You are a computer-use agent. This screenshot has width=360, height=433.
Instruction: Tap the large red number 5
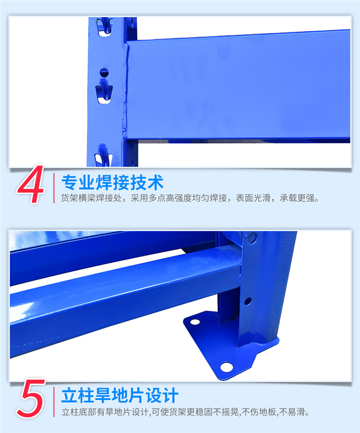tap(31, 398)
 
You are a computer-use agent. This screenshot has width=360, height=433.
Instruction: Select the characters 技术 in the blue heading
tap(147, 183)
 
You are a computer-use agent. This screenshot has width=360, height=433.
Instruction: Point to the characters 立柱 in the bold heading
tap(78, 396)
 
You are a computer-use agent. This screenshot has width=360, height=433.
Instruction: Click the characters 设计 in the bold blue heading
tap(162, 396)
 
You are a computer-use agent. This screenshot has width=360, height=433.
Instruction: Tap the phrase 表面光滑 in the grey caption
tap(253, 198)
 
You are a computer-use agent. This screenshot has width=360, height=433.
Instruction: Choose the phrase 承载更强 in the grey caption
tap(297, 198)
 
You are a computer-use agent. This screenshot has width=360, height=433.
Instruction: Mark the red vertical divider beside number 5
tap(54, 402)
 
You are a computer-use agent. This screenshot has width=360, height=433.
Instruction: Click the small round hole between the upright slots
tap(104, 72)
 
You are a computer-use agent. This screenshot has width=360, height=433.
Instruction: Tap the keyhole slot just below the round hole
tap(104, 92)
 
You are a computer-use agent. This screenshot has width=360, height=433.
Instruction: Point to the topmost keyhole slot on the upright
tap(105, 27)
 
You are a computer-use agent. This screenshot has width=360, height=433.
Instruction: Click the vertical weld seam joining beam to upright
tap(125, 91)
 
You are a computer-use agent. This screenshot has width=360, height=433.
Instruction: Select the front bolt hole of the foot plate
tap(227, 367)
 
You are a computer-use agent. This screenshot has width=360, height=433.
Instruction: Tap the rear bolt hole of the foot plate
tap(195, 322)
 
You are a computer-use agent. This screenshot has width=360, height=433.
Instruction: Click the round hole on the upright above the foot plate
tap(248, 301)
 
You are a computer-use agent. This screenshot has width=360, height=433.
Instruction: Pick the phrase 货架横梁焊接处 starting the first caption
tap(91, 198)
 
